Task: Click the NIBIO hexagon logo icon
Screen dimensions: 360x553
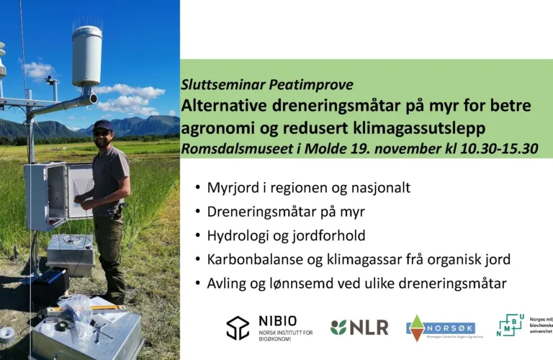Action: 238,328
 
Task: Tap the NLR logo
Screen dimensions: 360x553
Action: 359,328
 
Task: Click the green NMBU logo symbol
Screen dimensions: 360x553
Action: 511,325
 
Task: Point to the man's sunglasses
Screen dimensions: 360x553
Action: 102,132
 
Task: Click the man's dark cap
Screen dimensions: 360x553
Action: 102,125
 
